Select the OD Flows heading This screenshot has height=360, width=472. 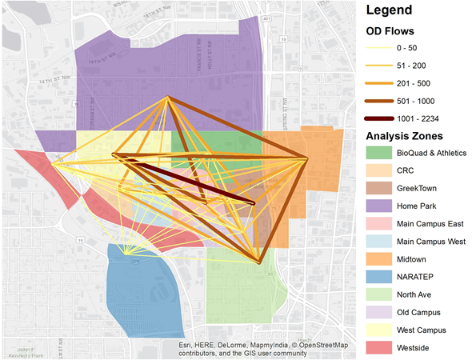point(390,32)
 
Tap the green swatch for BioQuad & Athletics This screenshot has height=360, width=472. point(377,152)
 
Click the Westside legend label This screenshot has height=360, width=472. point(418,347)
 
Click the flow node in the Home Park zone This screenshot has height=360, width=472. point(167,98)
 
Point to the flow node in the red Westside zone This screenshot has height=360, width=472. point(54,163)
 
